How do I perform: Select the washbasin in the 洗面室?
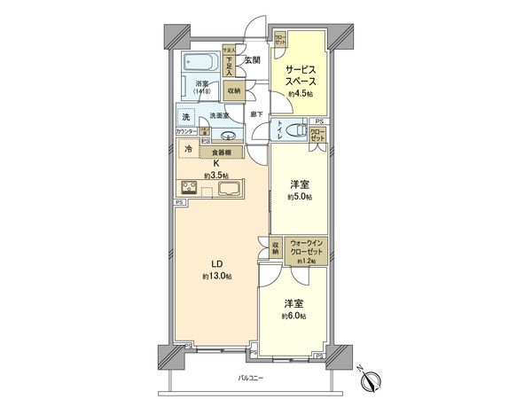click(x=229, y=136)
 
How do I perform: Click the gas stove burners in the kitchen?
click(x=191, y=186)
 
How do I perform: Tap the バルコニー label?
click(x=253, y=379)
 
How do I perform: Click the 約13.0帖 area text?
click(x=215, y=277)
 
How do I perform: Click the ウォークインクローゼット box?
click(x=306, y=250)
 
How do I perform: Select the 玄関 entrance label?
click(x=252, y=59)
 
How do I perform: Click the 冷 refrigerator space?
click(x=188, y=150)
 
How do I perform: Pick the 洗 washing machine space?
click(x=186, y=116)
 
